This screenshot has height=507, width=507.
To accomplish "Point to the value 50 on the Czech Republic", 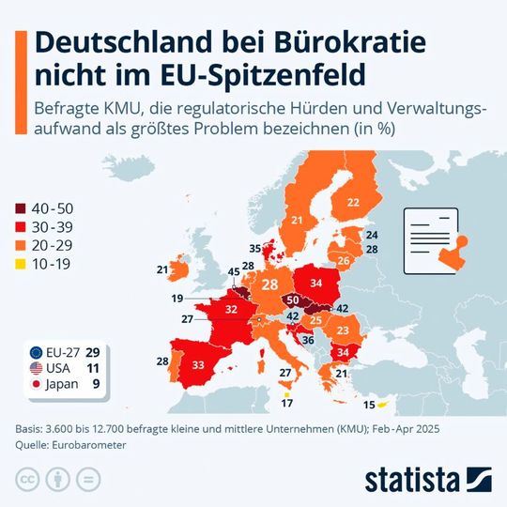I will [293, 300].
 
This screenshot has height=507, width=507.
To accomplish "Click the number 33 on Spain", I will [198, 364].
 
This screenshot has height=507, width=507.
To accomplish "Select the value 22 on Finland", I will [353, 202].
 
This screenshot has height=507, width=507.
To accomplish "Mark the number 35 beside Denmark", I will [254, 249].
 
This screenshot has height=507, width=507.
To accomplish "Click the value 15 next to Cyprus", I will [369, 405].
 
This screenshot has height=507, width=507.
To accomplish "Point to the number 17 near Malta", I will [286, 404].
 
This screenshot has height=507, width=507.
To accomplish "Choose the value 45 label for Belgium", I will [234, 272].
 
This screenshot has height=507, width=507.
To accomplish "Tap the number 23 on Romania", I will [343, 330].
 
